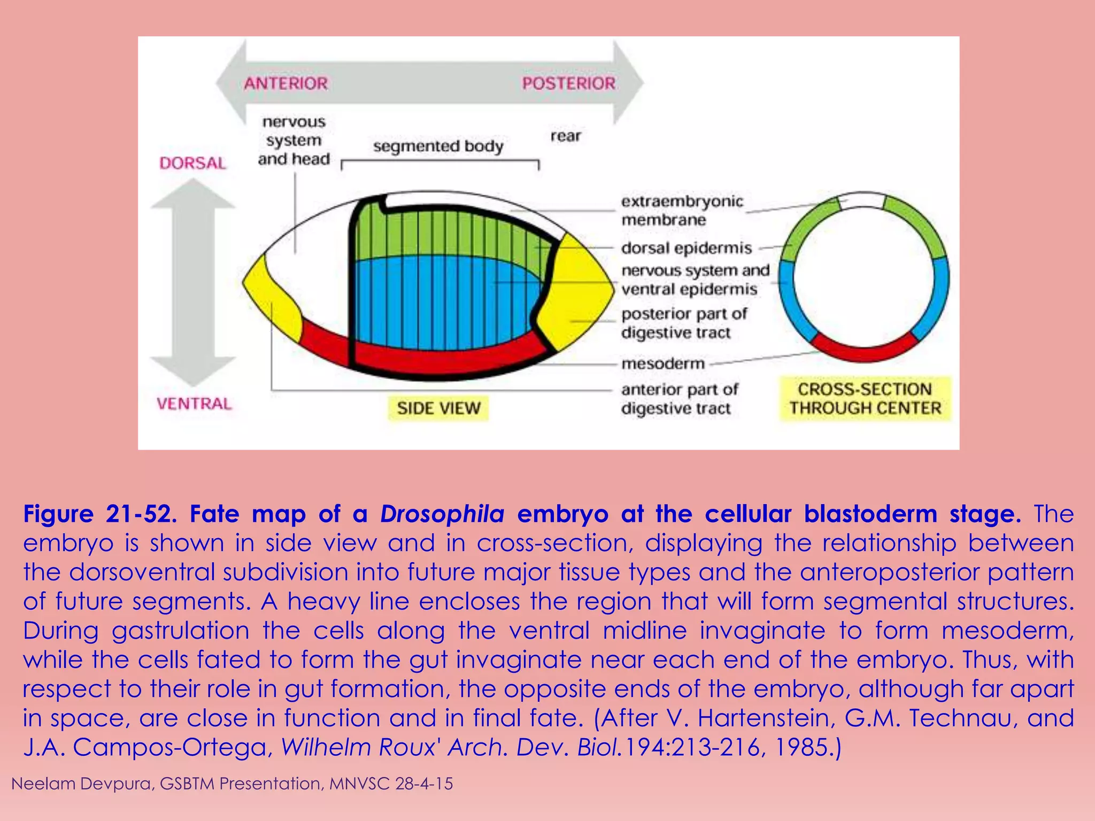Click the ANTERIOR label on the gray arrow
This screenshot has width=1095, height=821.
286,83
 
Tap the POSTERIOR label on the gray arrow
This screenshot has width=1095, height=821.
568,83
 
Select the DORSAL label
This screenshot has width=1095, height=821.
192,163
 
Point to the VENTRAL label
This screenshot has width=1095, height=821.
194,404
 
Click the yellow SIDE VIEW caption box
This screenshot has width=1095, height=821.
438,408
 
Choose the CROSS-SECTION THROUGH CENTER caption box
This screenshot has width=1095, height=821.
865,399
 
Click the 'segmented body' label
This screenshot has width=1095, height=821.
438,146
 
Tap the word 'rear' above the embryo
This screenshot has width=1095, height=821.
565,136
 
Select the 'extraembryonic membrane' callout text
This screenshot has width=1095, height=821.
682,211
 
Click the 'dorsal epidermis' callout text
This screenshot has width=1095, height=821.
686,249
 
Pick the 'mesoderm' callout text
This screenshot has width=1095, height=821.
663,364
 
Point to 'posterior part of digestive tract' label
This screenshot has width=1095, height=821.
684,323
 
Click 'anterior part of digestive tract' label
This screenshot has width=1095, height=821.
680,399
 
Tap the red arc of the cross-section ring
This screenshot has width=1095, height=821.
865,350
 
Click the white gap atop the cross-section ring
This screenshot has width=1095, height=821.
862,200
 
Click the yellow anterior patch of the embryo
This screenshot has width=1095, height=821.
273,299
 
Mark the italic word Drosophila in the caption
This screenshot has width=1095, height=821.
442,514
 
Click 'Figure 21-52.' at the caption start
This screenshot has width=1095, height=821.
100,514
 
